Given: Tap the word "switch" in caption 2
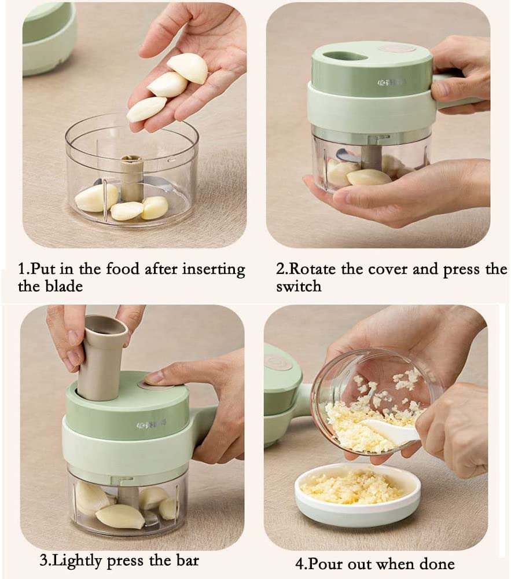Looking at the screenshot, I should click(298, 286).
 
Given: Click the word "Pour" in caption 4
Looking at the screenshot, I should click(326, 564).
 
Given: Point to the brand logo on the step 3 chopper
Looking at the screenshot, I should click(152, 424).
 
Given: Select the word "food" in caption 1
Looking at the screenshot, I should click(116, 269).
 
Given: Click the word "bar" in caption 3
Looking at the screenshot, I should click(185, 560).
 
